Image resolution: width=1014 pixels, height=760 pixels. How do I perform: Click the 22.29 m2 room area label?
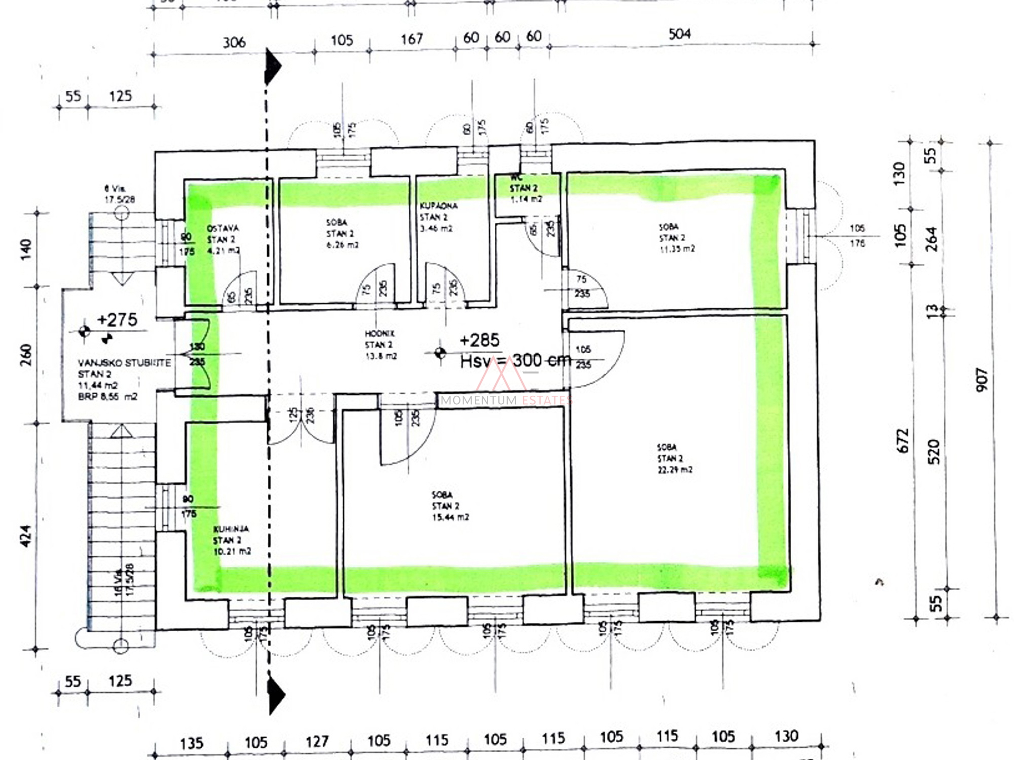pyautogui.click(x=675, y=469)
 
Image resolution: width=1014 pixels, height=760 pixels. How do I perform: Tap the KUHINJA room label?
pyautogui.click(x=231, y=529)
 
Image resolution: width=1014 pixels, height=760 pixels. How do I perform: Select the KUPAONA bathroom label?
pyautogui.click(x=438, y=206)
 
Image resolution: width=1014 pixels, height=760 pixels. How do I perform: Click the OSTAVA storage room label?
pyautogui.click(x=223, y=228)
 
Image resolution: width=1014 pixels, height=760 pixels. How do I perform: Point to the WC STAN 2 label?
pyautogui.click(x=524, y=188)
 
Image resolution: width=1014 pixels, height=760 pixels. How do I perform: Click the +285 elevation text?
pyautogui.click(x=479, y=340)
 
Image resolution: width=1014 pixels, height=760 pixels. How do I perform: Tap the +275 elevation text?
pyautogui.click(x=117, y=320)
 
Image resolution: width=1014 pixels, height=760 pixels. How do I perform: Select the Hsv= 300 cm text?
pyautogui.click(x=515, y=361)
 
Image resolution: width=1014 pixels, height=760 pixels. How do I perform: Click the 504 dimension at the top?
pyautogui.click(x=679, y=34)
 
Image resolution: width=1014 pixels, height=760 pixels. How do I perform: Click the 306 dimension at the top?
pyautogui.click(x=234, y=42)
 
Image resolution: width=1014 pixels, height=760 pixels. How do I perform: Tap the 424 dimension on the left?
pyautogui.click(x=25, y=536)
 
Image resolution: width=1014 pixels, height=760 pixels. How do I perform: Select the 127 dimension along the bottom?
pyautogui.click(x=317, y=742)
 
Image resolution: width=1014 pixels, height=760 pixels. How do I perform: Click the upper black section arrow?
pyautogui.click(x=273, y=66)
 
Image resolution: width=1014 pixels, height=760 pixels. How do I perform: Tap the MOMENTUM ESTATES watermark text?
pyautogui.click(x=506, y=400)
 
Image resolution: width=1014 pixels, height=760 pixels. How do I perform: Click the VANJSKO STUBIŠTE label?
pyautogui.click(x=125, y=363)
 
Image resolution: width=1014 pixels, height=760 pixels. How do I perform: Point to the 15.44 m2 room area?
pyautogui.click(x=450, y=517)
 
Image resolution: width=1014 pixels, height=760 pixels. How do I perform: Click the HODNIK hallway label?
pyautogui.click(x=379, y=334)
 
